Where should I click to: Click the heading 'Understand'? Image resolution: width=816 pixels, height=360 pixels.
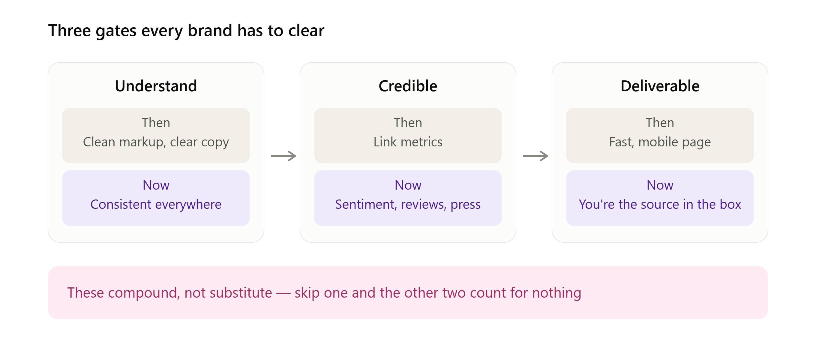point(156,86)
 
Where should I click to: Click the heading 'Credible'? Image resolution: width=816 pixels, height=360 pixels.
point(408,86)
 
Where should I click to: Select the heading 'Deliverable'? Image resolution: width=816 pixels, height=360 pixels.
point(660,86)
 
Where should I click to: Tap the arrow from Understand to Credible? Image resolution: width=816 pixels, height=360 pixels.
point(283,156)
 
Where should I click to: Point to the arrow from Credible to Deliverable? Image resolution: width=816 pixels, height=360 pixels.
point(535,156)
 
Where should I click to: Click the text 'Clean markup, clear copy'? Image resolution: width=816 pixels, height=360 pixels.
point(156,142)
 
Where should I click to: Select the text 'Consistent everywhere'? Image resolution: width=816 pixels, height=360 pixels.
point(156,204)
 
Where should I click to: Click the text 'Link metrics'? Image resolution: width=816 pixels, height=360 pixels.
point(408,142)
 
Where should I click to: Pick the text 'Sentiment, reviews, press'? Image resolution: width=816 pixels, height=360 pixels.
point(408,204)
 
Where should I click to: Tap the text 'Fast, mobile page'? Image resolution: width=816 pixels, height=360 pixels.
point(660,142)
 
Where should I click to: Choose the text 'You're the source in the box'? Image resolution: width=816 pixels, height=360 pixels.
point(660,204)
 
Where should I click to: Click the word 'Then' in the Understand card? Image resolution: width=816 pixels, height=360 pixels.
point(156,123)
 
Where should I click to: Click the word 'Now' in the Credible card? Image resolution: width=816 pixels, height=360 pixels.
point(408,185)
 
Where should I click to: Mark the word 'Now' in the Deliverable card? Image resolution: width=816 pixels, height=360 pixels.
point(660,185)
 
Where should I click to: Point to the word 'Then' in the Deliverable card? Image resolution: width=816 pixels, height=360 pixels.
point(660,123)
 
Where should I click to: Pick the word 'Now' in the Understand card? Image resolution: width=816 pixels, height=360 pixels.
point(156,185)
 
